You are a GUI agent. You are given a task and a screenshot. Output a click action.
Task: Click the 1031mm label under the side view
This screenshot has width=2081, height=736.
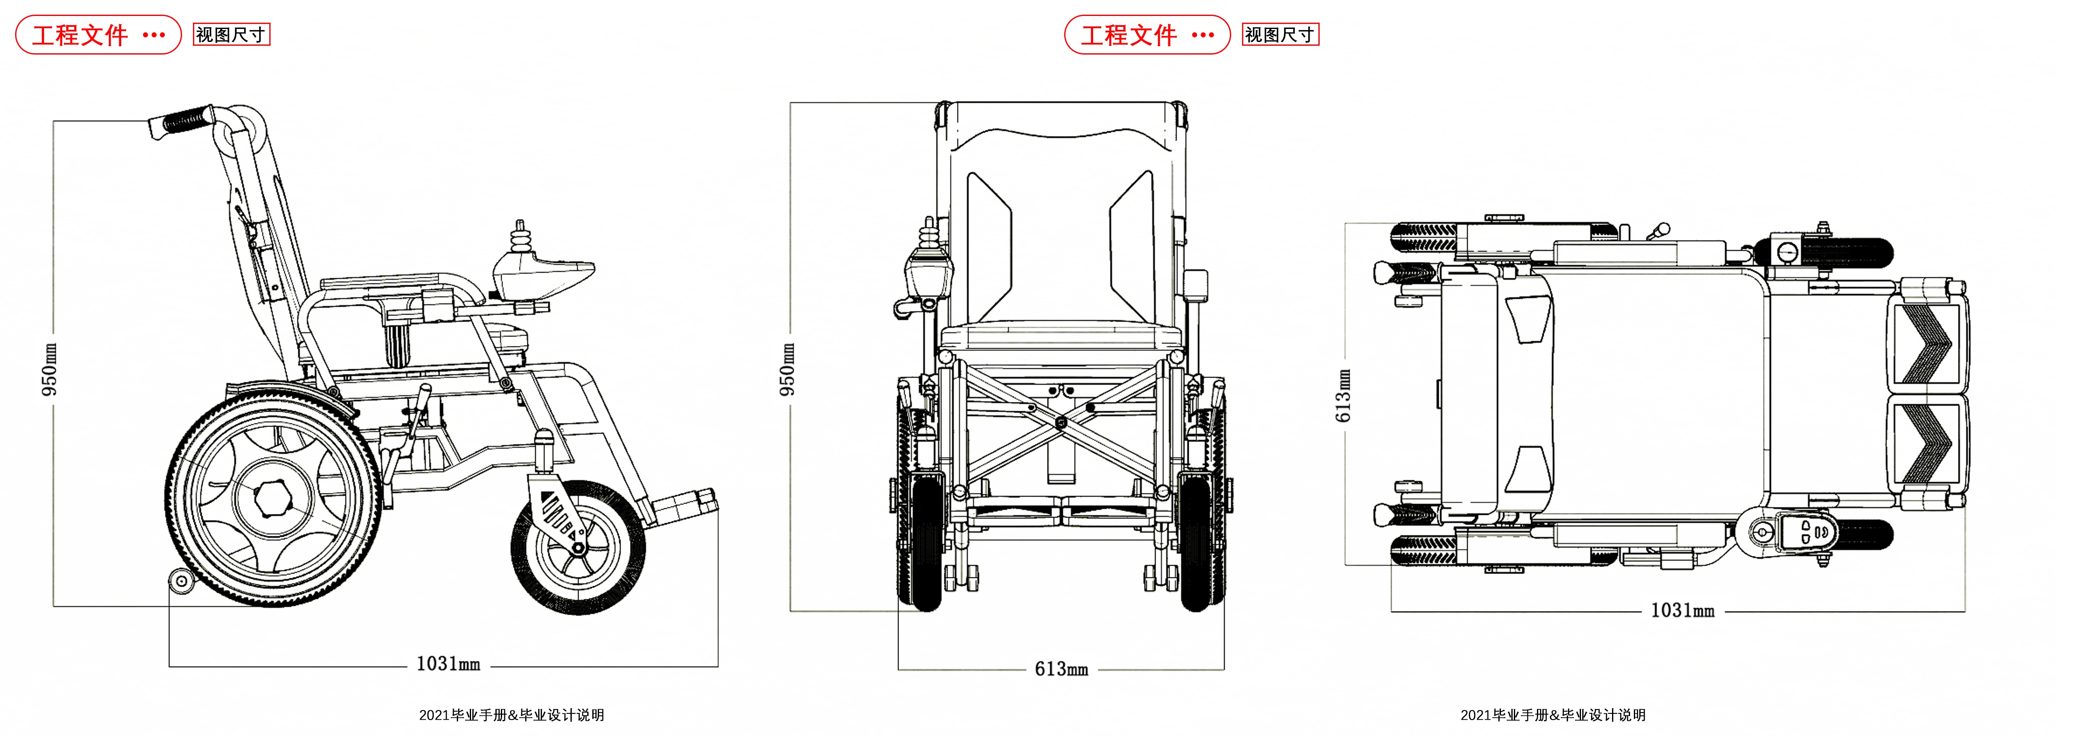tap(448, 664)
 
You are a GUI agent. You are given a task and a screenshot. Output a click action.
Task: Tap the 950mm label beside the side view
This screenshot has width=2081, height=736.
tap(49, 369)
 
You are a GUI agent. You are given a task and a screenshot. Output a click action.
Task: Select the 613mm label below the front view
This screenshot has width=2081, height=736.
tap(1062, 669)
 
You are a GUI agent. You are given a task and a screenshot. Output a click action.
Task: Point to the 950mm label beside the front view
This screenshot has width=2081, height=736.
tap(787, 369)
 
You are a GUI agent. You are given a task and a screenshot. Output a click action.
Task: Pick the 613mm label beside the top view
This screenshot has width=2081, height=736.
tap(1343, 396)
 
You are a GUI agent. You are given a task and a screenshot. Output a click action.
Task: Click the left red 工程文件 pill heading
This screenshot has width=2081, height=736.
tap(98, 35)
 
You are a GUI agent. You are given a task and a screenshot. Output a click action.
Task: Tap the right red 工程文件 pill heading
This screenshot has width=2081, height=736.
tap(1146, 35)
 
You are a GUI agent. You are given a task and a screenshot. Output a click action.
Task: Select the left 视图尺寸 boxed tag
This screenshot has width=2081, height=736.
tap(231, 35)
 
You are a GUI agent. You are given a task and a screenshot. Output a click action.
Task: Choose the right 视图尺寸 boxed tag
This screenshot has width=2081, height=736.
tap(1280, 35)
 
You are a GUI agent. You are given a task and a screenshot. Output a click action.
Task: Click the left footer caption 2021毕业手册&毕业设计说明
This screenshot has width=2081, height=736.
tap(511, 715)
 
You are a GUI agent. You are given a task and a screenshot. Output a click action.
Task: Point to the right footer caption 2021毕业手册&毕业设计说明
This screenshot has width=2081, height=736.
tap(1552, 715)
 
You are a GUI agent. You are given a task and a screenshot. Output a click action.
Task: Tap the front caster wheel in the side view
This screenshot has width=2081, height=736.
tap(578, 548)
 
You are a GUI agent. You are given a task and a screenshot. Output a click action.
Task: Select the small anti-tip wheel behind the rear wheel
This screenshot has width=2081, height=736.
tap(181, 580)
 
